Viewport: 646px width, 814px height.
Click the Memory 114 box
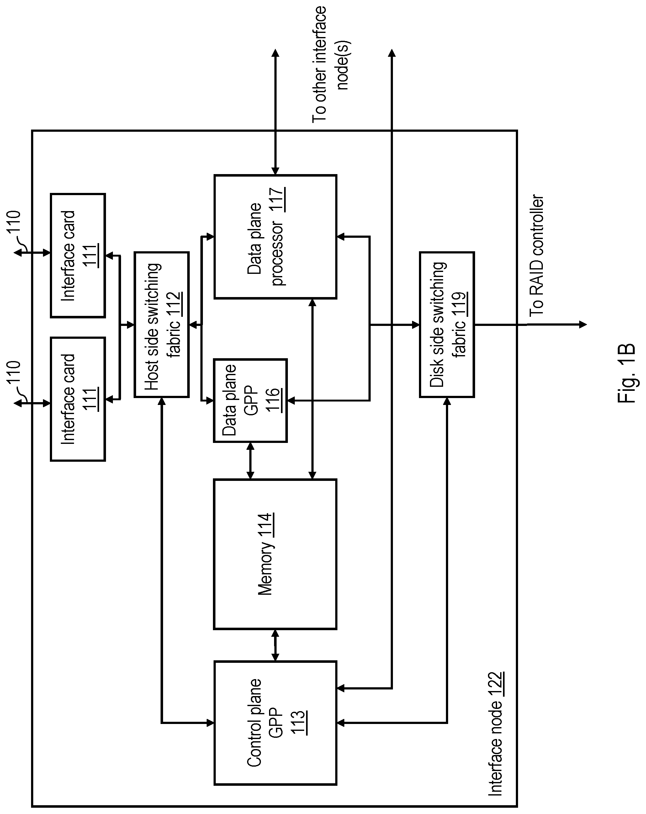(275, 554)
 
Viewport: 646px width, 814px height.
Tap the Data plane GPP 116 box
(250, 400)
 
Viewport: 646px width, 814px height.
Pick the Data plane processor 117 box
(275, 237)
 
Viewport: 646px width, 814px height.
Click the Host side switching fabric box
(161, 324)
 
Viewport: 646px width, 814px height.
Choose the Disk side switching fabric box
(447, 324)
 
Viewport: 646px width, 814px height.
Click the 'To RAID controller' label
(536, 256)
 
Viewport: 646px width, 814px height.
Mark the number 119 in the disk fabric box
(461, 304)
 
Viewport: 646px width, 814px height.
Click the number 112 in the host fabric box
(176, 304)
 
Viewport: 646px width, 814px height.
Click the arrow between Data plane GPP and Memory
(250, 460)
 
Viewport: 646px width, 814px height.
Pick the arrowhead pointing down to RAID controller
(583, 324)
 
